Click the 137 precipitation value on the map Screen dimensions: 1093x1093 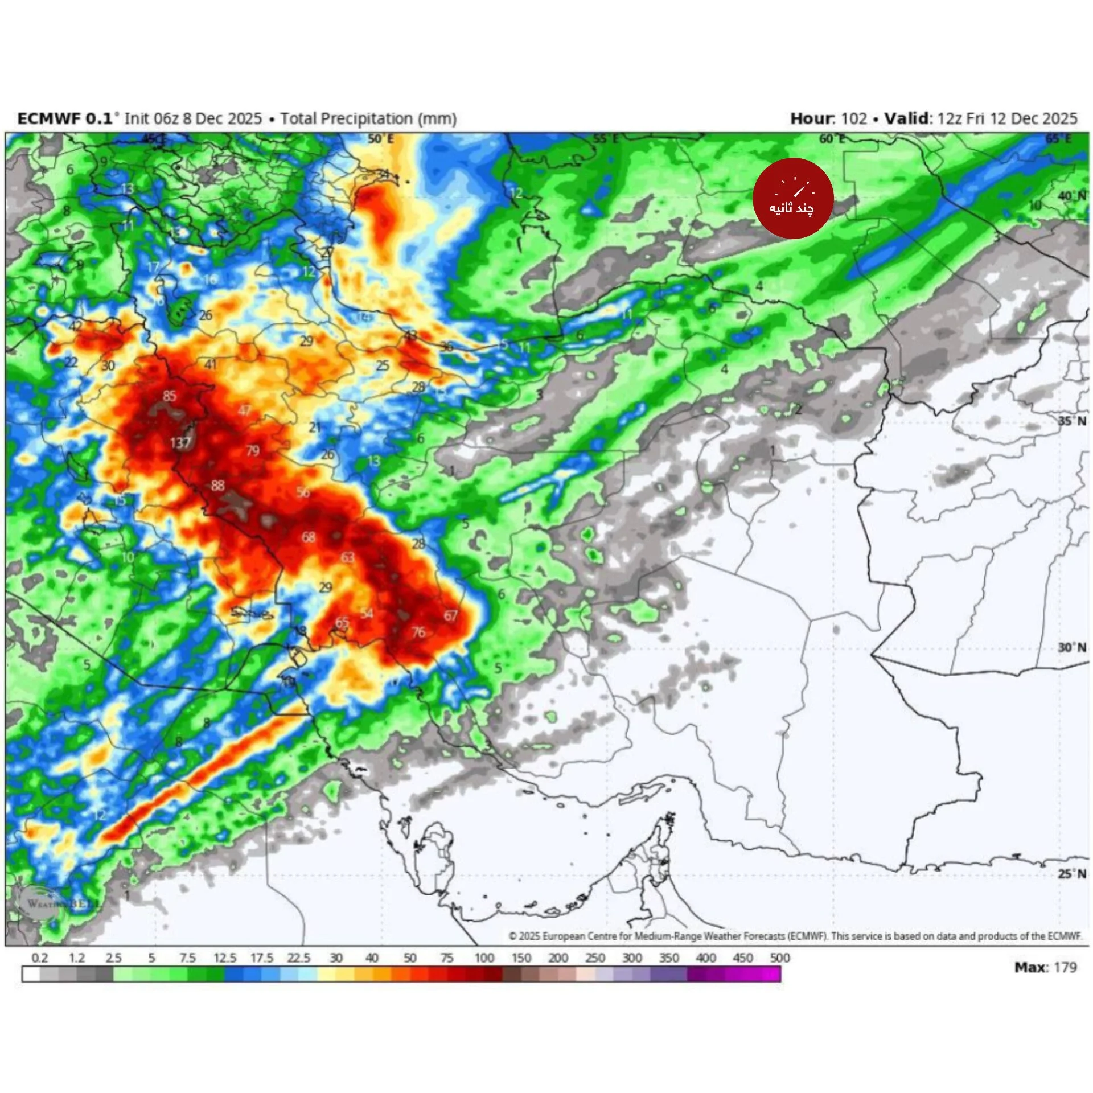tap(180, 443)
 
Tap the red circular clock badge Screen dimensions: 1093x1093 tap(792, 198)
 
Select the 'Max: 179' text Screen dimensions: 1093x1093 tap(1045, 967)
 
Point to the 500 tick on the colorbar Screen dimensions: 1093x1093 tap(779, 958)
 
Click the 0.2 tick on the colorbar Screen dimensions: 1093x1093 tap(39, 958)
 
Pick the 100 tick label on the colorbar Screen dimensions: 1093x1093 tap(484, 958)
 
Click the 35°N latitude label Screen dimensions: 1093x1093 tap(1071, 421)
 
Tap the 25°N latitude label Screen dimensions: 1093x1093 tap(1071, 873)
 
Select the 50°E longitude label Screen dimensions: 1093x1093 tap(380, 139)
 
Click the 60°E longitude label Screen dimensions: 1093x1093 tap(832, 139)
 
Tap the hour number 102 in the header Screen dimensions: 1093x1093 tap(853, 118)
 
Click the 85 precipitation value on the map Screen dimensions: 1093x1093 tap(169, 396)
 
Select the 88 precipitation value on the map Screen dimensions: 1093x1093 tap(217, 486)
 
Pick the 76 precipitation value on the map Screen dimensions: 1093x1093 tap(418, 632)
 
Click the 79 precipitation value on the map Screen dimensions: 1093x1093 tap(252, 451)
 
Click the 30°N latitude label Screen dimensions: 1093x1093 tap(1071, 647)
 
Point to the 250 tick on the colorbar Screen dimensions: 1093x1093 tap(595, 958)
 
